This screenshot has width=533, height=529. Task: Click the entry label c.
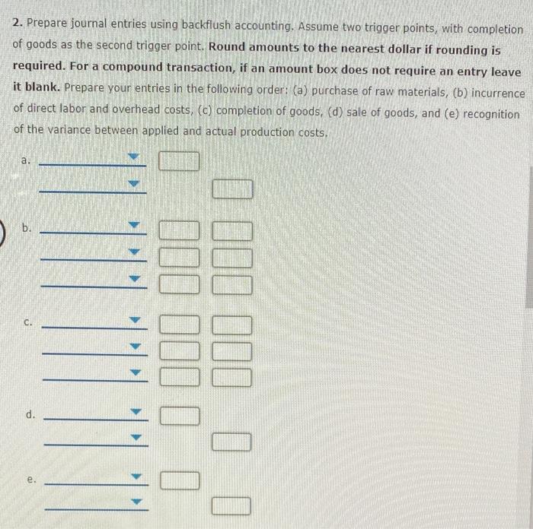point(27,324)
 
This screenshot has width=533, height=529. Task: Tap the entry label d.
point(30,415)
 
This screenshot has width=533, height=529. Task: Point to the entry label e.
point(31,480)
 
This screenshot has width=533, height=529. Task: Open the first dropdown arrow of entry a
point(135,159)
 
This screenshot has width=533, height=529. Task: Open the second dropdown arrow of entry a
point(135,185)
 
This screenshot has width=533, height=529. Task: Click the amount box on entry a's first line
point(179,161)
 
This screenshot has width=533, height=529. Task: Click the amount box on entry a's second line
point(231,188)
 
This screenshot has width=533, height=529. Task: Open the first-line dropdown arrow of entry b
point(136,226)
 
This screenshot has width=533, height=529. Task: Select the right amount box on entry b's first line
point(232,230)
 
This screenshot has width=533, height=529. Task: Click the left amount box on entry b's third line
point(179,285)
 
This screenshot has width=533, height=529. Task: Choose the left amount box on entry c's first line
point(180,325)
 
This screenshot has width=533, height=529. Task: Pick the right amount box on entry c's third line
point(232,376)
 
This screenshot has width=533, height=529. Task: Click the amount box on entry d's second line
point(231,441)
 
